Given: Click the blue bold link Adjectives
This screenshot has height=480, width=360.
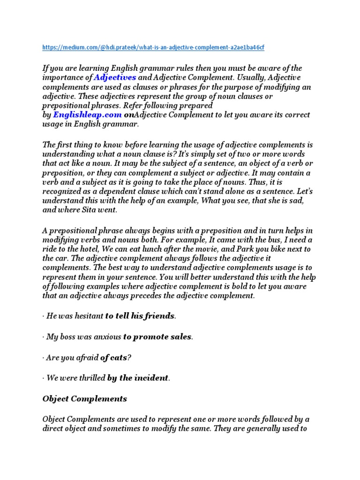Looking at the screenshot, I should click(115, 77).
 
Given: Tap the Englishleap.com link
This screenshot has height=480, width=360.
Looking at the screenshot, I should click(88, 115).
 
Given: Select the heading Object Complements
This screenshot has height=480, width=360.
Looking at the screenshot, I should click(85, 399).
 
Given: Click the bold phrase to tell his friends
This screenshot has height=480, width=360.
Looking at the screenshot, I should click(140, 316).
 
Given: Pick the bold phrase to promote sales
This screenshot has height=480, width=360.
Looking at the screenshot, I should click(157, 337).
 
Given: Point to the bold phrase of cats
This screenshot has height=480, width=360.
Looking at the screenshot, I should click(113, 358).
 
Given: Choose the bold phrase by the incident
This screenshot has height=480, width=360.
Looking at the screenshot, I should click(137, 378).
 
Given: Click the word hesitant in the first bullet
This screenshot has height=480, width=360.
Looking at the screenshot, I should click(88, 316).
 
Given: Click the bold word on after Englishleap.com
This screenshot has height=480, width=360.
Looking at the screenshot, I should click(129, 115).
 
